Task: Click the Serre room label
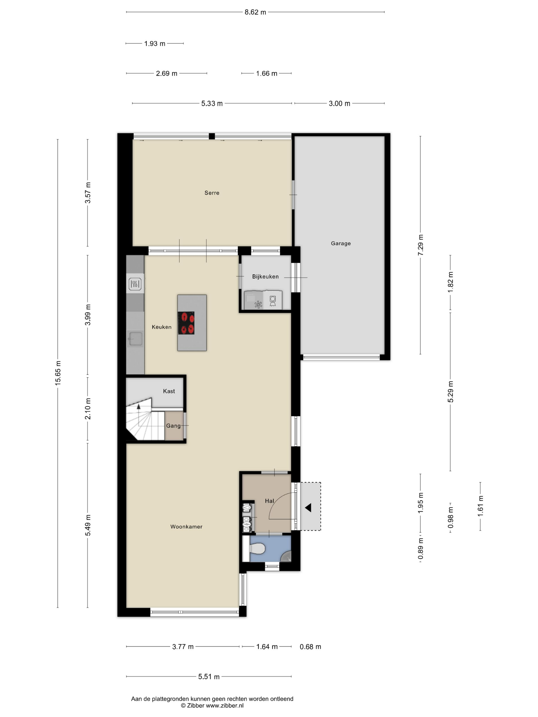[212, 193]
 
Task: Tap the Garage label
[340, 244]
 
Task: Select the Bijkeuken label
[265, 277]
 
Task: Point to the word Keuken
[161, 327]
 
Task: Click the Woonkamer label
[186, 527]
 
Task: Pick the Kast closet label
[169, 391]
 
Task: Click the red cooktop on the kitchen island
[186, 323]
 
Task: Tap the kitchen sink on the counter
[135, 339]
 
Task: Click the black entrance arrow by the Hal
[308, 508]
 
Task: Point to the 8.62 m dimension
[255, 12]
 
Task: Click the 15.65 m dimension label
[58, 373]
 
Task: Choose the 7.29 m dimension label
[421, 245]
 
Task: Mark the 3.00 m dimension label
[339, 103]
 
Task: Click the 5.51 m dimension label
[209, 677]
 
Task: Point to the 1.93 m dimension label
[155, 44]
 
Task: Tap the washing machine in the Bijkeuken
[272, 300]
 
